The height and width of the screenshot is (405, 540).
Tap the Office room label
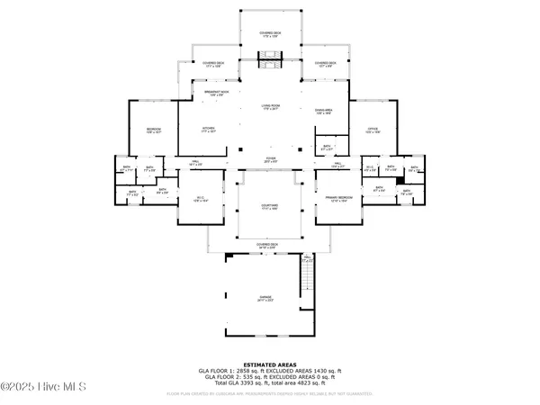(x=373, y=130)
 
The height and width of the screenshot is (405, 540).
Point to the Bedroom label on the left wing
(x=154, y=130)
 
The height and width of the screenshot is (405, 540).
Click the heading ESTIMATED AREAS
(x=269, y=363)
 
